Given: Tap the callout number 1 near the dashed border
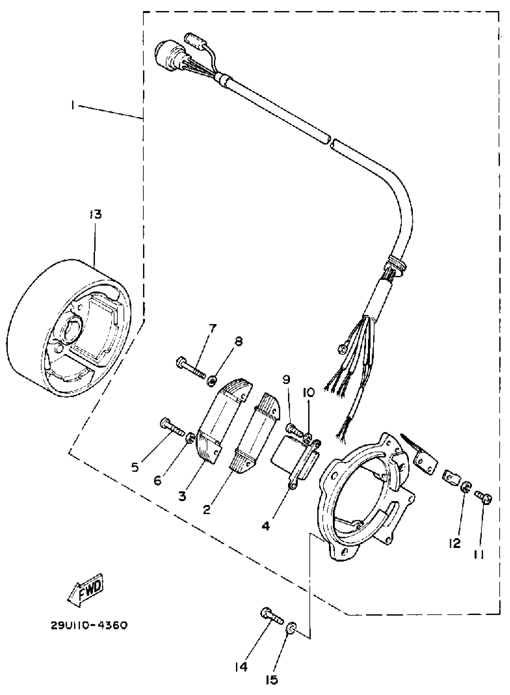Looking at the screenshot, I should point(73,106).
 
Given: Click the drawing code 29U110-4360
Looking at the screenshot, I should point(89,626).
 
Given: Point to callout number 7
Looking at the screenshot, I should point(212,328).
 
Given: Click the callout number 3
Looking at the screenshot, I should point(182,496).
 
